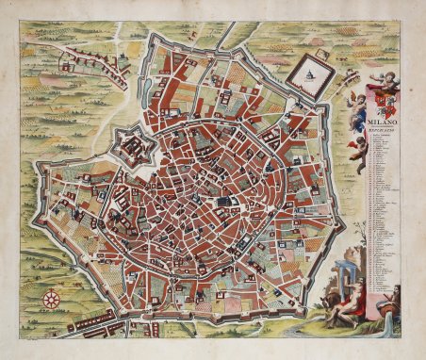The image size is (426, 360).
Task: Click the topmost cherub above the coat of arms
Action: click(x=381, y=78)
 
